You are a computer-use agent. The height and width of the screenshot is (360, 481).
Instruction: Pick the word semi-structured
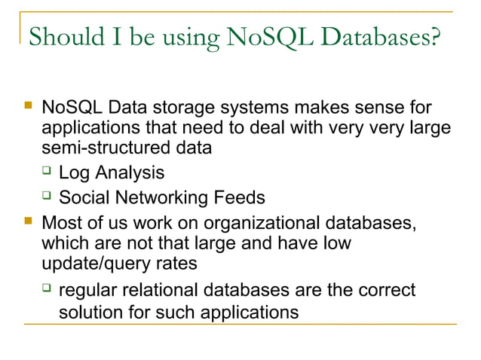point(104,148)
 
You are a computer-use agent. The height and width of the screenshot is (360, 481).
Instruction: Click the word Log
point(75,173)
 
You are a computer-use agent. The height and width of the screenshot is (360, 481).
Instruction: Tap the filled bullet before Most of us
point(29,223)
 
